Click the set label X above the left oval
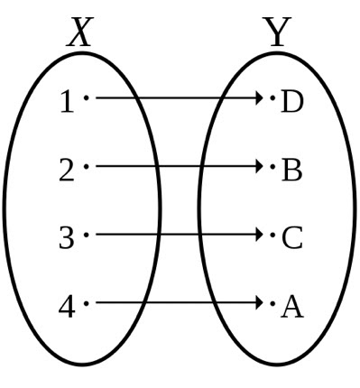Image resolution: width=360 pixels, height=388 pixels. [x=80, y=34]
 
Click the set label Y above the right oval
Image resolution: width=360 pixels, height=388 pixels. [x=278, y=34]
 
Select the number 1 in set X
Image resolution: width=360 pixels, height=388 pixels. [x=66, y=102]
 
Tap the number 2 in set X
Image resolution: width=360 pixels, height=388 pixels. [x=66, y=171]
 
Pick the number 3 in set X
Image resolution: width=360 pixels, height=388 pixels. [x=66, y=239]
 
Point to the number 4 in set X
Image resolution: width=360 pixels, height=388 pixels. [x=66, y=308]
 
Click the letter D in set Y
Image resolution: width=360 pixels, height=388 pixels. [x=291, y=102]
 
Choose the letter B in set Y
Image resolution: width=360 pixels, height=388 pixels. [x=291, y=171]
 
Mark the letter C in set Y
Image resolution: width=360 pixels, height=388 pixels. [x=291, y=239]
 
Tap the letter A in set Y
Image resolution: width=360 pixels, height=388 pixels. [x=291, y=308]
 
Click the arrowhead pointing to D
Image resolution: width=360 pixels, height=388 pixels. [x=257, y=97]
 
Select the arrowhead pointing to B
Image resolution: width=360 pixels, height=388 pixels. [x=257, y=166]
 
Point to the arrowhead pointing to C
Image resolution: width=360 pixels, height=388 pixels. [x=257, y=235]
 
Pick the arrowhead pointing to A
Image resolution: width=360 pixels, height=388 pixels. [x=257, y=303]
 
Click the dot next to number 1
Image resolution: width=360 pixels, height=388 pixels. [x=86, y=97]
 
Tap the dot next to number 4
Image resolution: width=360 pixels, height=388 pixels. [x=86, y=303]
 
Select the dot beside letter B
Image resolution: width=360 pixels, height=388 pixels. [x=272, y=166]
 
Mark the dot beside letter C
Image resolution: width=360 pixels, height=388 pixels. [x=272, y=235]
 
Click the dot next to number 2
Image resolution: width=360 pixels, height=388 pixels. [x=86, y=166]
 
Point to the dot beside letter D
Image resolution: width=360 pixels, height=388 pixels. [x=272, y=97]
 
